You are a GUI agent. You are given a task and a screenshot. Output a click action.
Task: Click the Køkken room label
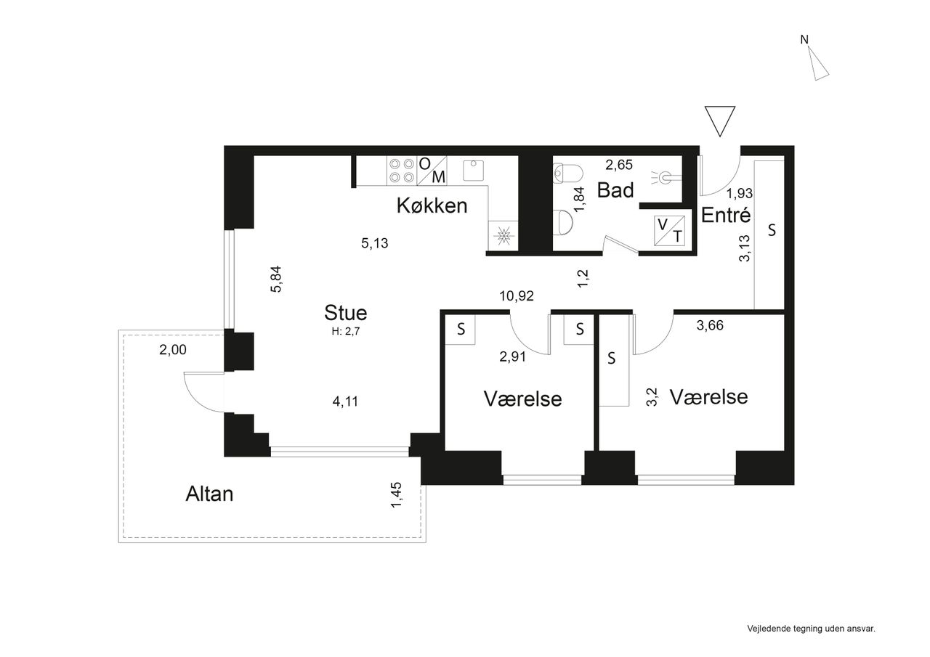432,205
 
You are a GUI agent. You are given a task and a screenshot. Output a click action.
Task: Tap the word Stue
345,313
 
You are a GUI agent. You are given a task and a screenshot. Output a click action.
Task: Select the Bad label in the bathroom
615,190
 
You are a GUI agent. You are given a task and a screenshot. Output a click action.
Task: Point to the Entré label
726,215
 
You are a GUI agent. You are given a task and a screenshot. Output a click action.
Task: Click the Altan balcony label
209,494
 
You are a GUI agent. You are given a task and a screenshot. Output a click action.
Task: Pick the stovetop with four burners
402,171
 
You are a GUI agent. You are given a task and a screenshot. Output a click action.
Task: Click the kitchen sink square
473,171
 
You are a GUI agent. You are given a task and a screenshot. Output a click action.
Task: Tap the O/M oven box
432,171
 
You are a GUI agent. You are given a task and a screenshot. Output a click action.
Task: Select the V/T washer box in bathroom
669,231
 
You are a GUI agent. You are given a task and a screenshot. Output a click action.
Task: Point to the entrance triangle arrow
720,121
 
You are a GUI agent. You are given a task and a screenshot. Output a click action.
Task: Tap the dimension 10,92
517,296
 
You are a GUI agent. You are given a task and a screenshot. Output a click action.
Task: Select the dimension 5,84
276,279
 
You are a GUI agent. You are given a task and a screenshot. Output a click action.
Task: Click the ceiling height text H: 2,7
345,331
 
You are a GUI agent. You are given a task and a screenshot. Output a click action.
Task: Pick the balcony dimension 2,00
173,350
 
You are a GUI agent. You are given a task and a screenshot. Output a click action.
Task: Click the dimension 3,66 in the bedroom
710,326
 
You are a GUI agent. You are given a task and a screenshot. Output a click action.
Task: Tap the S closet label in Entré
772,230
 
